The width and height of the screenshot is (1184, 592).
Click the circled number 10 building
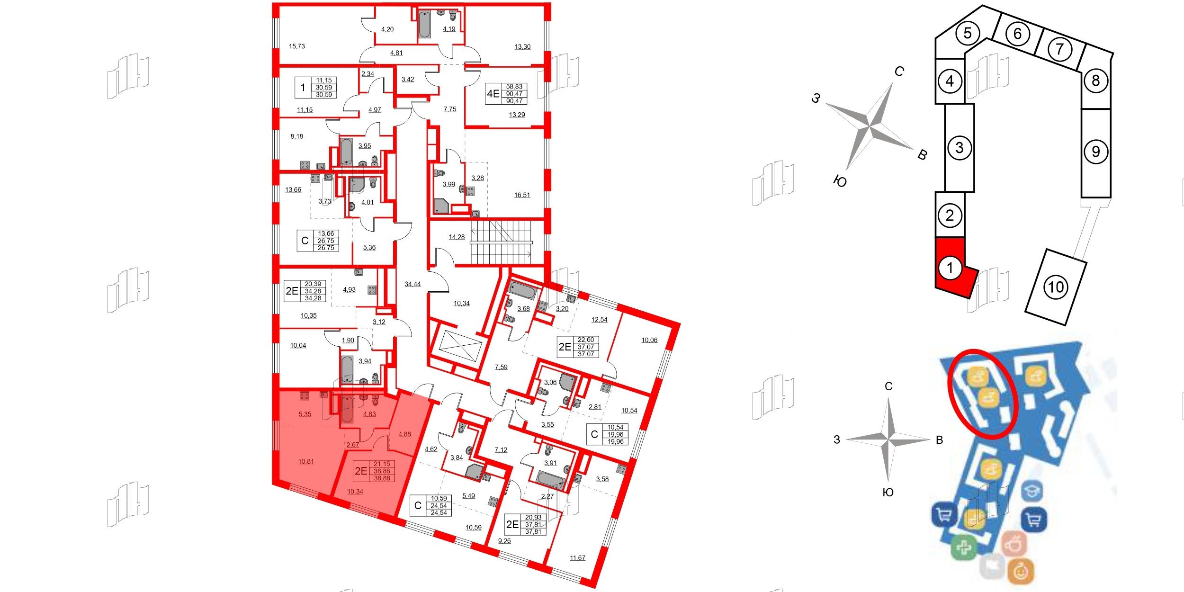click(1056, 287)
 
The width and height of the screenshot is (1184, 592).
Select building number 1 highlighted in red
click(950, 268)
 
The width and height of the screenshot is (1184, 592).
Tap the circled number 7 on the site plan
click(1059, 49)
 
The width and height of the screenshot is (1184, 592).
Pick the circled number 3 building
click(959, 148)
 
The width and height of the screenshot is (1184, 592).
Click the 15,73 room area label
click(297, 46)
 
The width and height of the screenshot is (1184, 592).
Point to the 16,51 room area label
click(522, 195)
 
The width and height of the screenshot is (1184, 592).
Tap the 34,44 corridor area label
click(413, 284)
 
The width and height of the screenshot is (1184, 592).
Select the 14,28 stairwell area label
click(457, 237)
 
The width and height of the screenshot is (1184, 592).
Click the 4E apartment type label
click(493, 94)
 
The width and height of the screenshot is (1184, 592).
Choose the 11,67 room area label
click(577, 558)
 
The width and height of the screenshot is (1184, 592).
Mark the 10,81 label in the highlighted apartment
click(306, 461)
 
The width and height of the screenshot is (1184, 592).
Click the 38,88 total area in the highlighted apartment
click(382, 471)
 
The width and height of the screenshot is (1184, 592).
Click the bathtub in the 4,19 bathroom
click(425, 25)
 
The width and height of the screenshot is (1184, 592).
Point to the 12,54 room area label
click(599, 320)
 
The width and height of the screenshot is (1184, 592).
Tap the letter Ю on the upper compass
click(839, 181)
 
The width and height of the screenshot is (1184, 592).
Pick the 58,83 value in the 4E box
click(514, 87)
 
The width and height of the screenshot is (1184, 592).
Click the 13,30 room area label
click(522, 47)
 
